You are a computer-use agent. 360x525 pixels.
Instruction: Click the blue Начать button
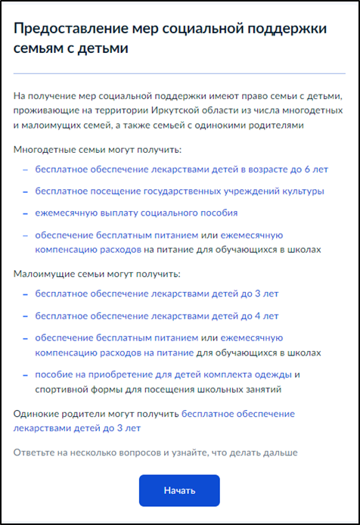pyautogui.click(x=179, y=490)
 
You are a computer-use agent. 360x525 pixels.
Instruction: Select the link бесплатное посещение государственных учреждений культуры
pyautogui.click(x=180, y=191)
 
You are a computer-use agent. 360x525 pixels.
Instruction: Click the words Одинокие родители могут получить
pyautogui.click(x=96, y=414)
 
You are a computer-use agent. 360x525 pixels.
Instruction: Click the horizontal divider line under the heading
pyautogui.click(x=179, y=73)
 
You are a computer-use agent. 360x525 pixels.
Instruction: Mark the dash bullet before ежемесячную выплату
pyautogui.click(x=26, y=213)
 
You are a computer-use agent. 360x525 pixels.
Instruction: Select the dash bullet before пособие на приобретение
pyautogui.click(x=26, y=375)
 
